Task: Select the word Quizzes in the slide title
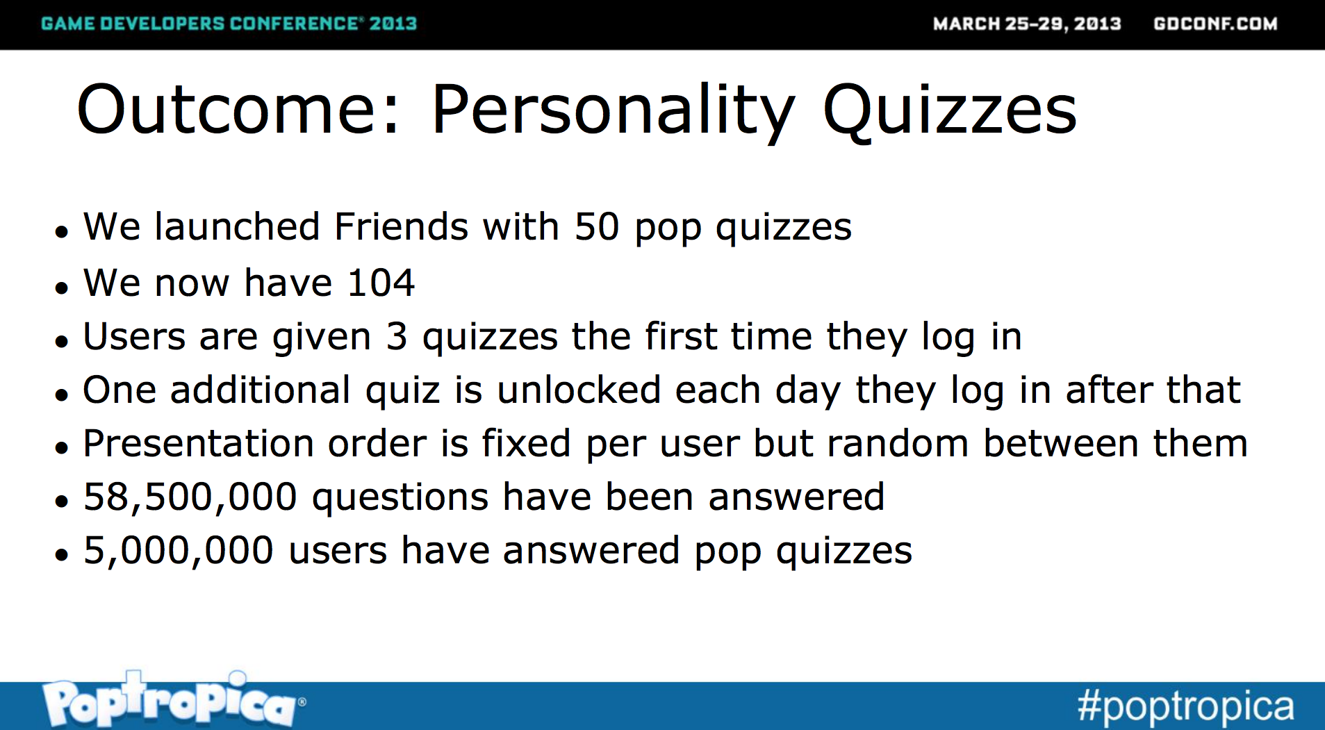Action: [949, 111]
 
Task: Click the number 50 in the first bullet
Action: [596, 227]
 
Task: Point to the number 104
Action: [381, 283]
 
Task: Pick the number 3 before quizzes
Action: [396, 337]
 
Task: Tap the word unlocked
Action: [579, 390]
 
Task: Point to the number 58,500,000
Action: [190, 498]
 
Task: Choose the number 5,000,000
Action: [178, 551]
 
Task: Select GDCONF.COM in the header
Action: [1215, 24]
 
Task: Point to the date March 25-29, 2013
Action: [1027, 24]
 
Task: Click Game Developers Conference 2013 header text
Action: [229, 24]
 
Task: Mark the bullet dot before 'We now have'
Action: [62, 287]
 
